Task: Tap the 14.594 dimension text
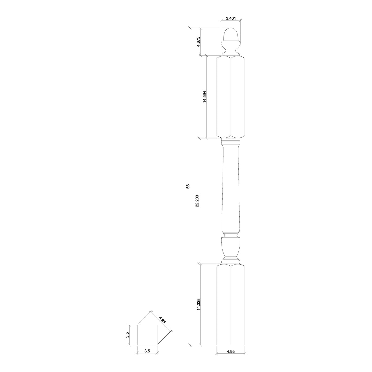coord(205,97)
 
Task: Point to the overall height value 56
coord(188,186)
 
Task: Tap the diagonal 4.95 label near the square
coord(162,320)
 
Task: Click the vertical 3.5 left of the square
coord(128,335)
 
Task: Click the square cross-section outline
coord(147,335)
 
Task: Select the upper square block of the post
coord(231,97)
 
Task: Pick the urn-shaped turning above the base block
coord(231,246)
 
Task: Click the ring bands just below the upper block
coord(231,143)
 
